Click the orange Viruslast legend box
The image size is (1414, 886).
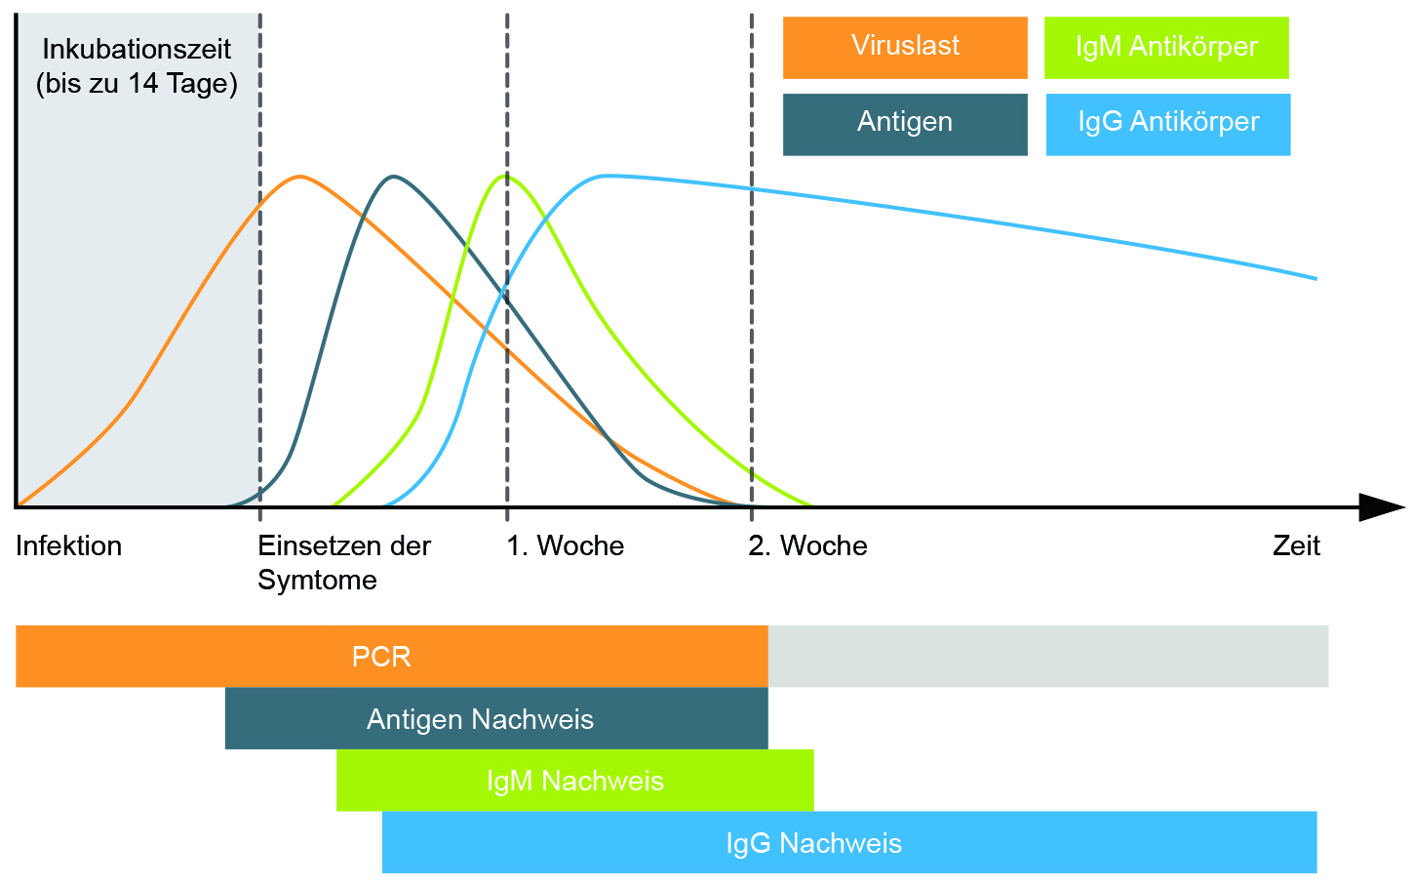pyautogui.click(x=905, y=48)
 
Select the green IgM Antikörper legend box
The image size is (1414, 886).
pyautogui.click(x=1166, y=48)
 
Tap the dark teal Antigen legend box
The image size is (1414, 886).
pyautogui.click(x=905, y=124)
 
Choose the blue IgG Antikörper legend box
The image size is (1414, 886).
pyautogui.click(x=1168, y=124)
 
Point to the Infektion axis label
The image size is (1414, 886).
pyautogui.click(x=69, y=545)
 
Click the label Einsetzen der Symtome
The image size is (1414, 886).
pyautogui.click(x=344, y=563)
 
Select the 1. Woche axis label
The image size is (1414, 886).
pyautogui.click(x=565, y=545)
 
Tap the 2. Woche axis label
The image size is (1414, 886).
pyautogui.click(x=808, y=545)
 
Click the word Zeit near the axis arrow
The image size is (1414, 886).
pyautogui.click(x=1296, y=545)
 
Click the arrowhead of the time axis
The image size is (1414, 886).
pyautogui.click(x=1383, y=507)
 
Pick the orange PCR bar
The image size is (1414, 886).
pyautogui.click(x=391, y=656)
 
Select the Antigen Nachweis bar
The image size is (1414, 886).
pyautogui.click(x=496, y=718)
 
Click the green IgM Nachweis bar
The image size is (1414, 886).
pyautogui.click(x=575, y=780)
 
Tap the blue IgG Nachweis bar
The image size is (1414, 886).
pyautogui.click(x=849, y=842)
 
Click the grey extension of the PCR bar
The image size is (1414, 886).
pyautogui.click(x=1048, y=656)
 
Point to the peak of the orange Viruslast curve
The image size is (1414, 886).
pyautogui.click(x=299, y=177)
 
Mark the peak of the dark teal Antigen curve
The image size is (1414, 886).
pyautogui.click(x=393, y=177)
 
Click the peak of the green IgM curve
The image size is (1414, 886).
pyautogui.click(x=506, y=176)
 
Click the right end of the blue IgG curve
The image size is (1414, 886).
pyautogui.click(x=1316, y=278)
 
